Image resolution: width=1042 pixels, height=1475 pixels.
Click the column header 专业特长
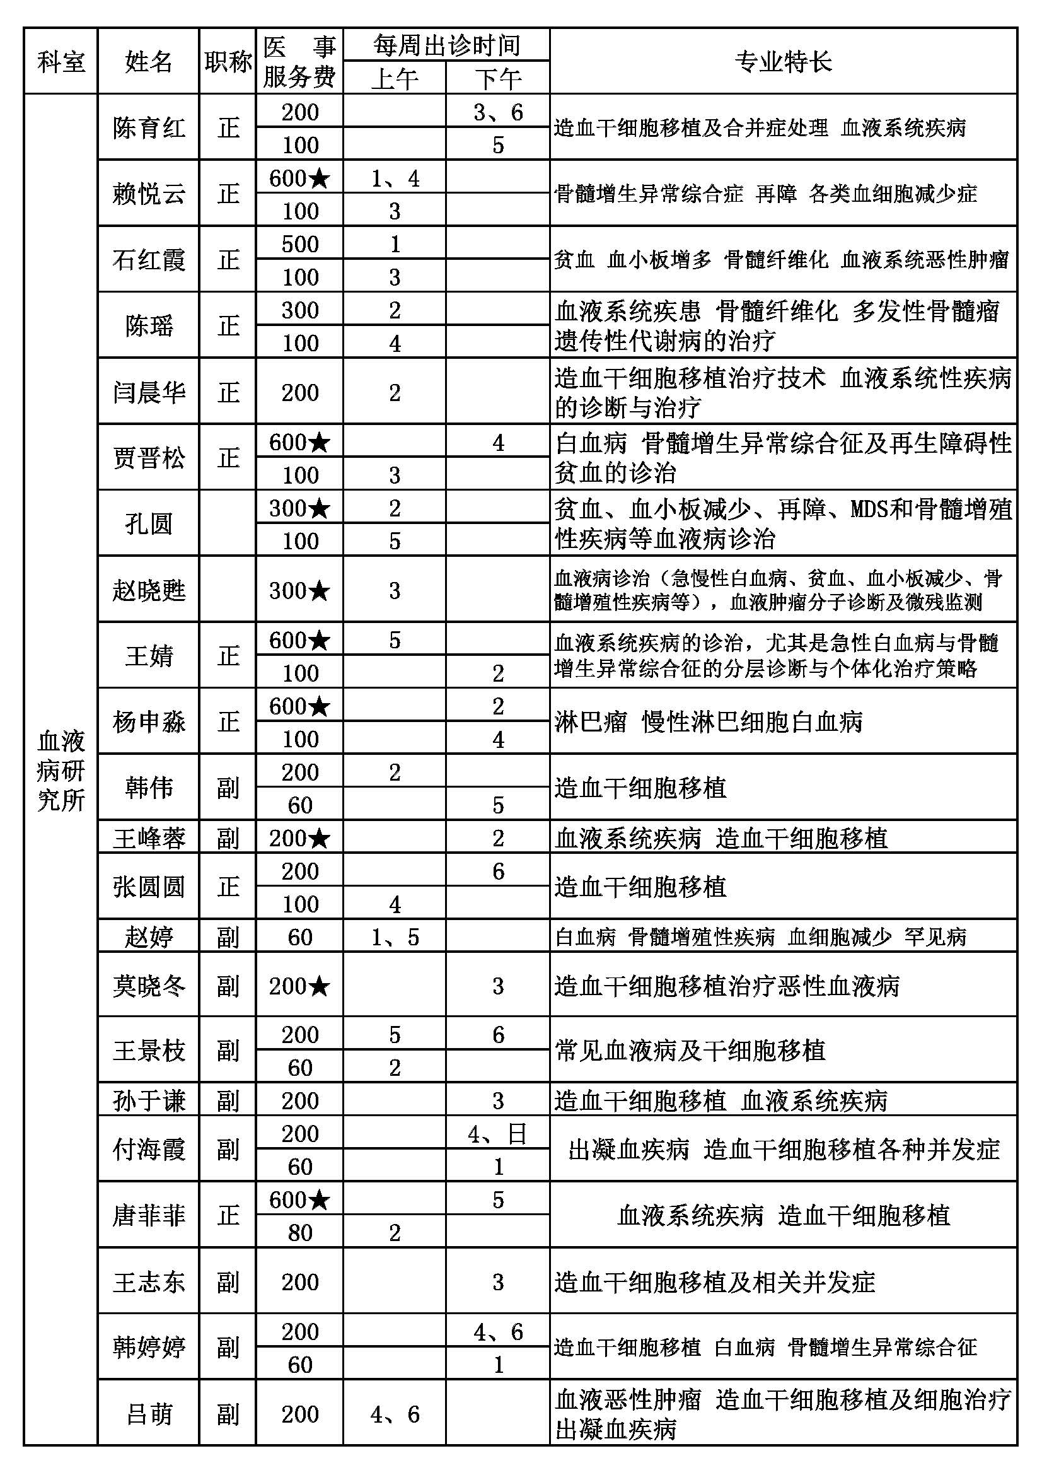[783, 62]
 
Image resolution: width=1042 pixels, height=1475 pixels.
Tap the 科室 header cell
[61, 62]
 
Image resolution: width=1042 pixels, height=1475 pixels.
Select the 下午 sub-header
[497, 78]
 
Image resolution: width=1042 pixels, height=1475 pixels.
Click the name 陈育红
[148, 128]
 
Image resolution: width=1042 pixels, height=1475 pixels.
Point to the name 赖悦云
[148, 194]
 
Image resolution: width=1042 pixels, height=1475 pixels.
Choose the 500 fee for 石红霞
[300, 244]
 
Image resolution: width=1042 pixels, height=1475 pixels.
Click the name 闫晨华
[148, 392]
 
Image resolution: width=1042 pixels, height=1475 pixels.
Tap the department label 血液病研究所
[61, 770]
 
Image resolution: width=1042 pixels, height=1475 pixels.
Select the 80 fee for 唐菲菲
[300, 1232]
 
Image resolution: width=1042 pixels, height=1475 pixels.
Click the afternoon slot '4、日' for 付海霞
[497, 1134]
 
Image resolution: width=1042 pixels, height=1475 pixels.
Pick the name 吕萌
[148, 1414]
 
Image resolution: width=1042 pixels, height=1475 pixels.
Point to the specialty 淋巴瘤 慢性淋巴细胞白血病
[707, 722]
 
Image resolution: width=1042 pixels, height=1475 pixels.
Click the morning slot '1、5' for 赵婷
[395, 937]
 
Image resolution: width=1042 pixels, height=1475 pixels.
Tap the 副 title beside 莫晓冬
[228, 986]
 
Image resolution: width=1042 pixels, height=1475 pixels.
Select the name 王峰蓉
[148, 838]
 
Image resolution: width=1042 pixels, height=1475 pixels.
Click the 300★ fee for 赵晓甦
[300, 590]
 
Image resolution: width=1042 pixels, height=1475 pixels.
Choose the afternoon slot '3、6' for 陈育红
[497, 112]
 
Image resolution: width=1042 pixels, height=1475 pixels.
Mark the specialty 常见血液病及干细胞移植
[690, 1051]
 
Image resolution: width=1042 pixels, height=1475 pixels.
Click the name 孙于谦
[148, 1101]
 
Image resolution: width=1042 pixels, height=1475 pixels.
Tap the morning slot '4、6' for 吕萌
[395, 1414]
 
